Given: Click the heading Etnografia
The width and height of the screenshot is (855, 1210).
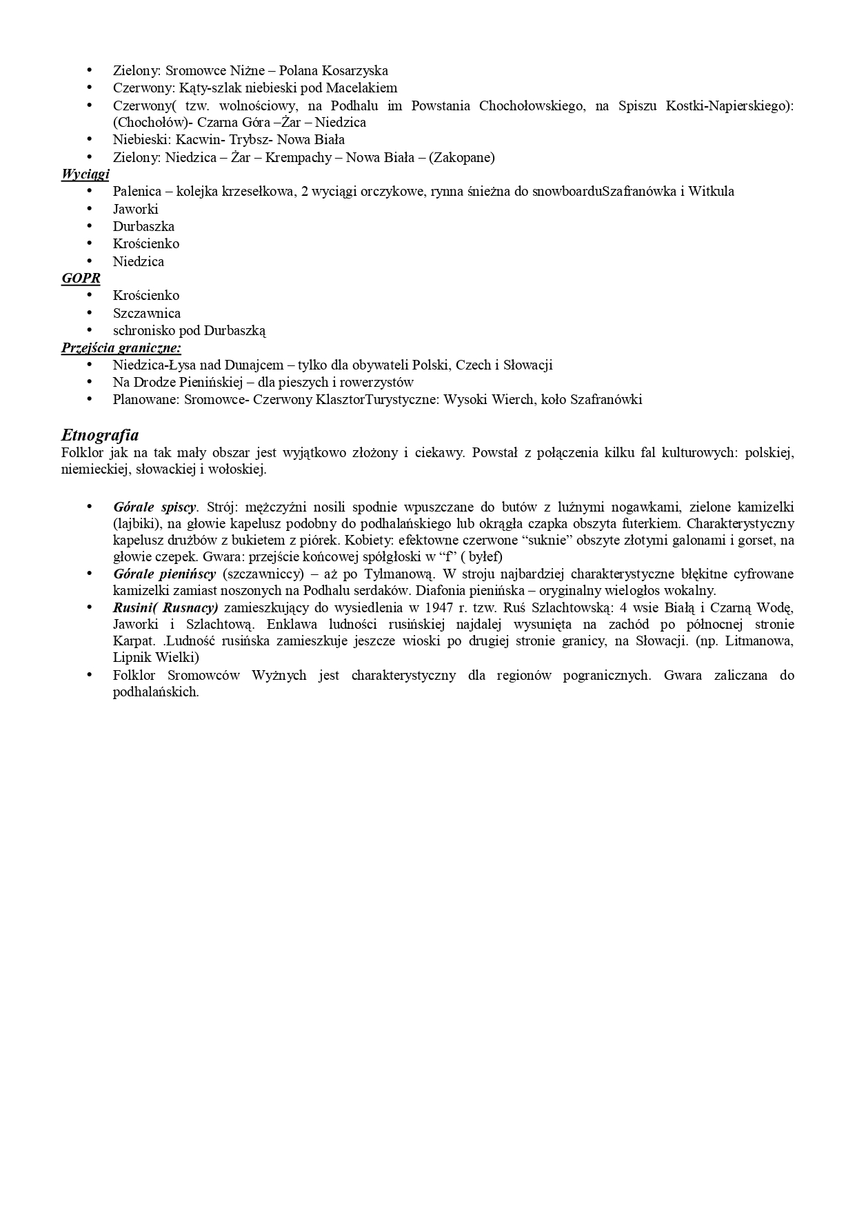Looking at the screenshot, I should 100,435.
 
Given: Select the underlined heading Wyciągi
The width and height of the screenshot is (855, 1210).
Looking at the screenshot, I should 85,174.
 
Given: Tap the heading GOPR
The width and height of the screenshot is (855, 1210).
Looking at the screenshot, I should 81,279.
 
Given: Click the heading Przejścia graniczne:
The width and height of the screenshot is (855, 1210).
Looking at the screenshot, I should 121,348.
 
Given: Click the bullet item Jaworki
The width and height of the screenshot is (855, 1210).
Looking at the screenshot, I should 135,209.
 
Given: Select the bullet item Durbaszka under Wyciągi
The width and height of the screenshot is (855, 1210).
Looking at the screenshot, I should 143,226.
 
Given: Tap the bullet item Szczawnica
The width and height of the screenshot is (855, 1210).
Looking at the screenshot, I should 147,313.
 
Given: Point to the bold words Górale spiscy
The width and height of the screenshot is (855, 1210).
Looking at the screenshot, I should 154,507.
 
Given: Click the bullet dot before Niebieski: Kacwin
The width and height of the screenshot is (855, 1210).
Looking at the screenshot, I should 89,139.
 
